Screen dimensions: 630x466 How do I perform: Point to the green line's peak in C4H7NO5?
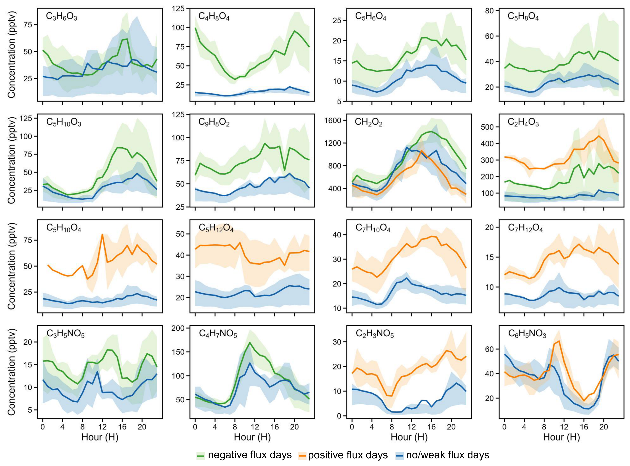(250, 343)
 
